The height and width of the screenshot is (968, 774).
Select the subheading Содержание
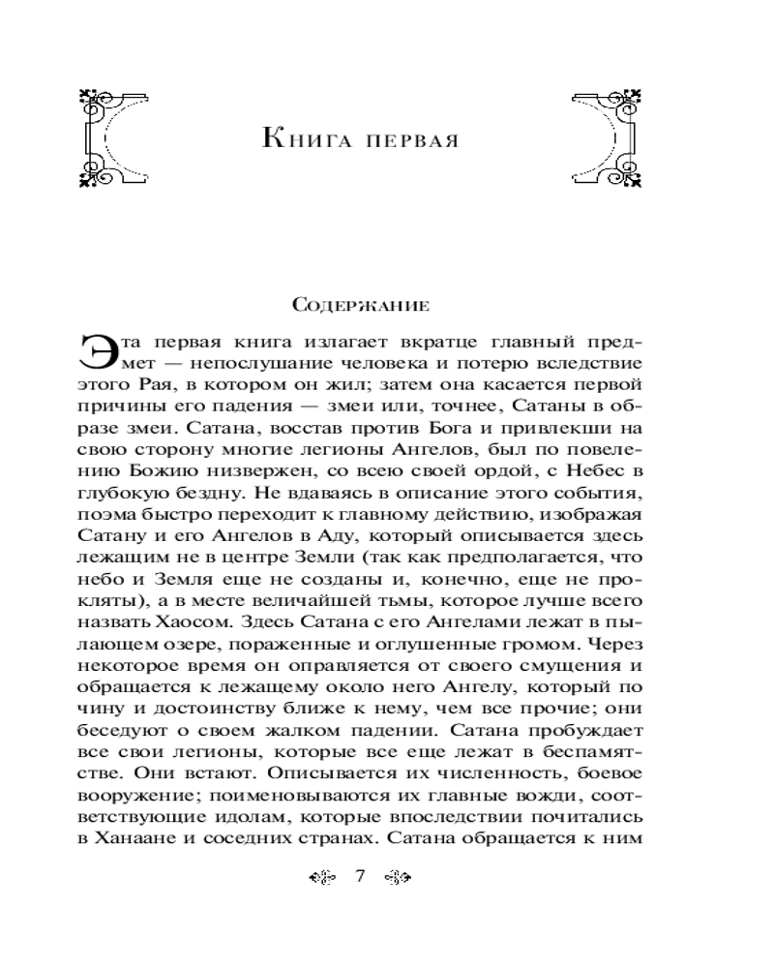pyautogui.click(x=360, y=308)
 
